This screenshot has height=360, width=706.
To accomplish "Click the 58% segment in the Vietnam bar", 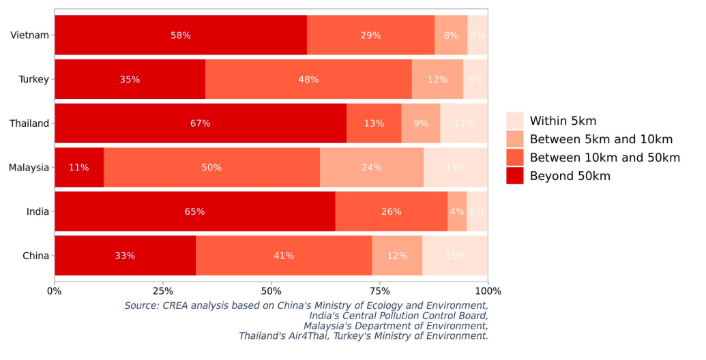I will click(x=181, y=35).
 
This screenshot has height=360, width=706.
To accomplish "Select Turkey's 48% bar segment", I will click(x=308, y=79).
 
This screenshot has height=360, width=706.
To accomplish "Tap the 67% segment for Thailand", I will click(x=201, y=123).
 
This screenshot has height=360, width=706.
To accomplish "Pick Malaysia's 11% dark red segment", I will click(x=79, y=167).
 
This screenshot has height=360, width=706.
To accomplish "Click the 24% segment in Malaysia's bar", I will click(x=372, y=167).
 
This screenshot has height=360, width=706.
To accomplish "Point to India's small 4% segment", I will click(x=457, y=211).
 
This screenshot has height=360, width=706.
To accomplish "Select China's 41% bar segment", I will click(x=284, y=256).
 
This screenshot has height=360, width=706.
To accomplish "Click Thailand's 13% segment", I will click(x=374, y=123).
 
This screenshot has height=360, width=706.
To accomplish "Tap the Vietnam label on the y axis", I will click(x=30, y=35).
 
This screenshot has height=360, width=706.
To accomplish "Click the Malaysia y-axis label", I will click(x=29, y=167).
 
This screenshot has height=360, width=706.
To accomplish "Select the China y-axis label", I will click(x=35, y=256).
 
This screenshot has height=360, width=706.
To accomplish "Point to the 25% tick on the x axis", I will click(x=162, y=291).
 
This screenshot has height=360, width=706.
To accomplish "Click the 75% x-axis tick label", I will click(x=379, y=291).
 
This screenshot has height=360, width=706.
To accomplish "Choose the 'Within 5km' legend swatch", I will click(x=515, y=121).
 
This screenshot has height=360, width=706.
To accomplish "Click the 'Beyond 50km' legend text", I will click(x=570, y=176).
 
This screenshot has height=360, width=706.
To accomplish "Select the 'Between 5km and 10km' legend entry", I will click(x=601, y=139).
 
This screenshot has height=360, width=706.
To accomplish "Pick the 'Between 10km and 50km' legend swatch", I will click(x=515, y=157).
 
